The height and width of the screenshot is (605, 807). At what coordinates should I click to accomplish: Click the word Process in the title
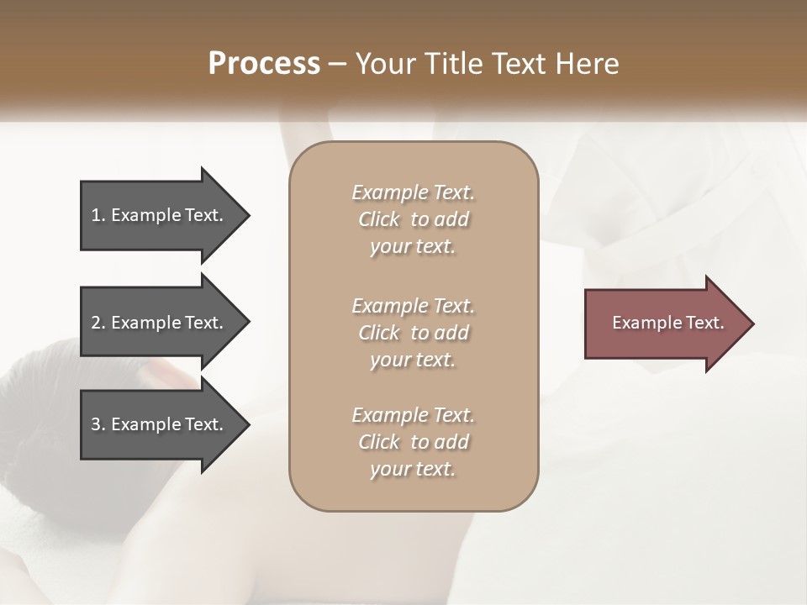point(264,64)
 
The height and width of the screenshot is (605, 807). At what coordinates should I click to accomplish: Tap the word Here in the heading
point(588,64)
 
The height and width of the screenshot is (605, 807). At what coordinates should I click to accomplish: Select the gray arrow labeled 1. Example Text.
point(160,215)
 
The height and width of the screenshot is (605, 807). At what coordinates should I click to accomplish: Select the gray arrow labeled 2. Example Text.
point(160,323)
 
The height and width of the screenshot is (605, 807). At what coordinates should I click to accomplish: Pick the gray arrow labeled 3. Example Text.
point(160,424)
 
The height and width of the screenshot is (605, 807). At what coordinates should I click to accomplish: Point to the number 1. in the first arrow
point(98,215)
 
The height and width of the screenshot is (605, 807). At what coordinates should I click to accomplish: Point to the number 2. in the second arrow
point(98,323)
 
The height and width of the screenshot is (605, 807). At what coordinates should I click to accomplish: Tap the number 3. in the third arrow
point(98,424)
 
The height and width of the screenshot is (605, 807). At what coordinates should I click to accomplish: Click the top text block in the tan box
point(413,219)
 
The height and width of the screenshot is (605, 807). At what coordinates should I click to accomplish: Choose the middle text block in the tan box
point(413,333)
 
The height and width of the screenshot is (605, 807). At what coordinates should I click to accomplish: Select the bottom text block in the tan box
point(413,442)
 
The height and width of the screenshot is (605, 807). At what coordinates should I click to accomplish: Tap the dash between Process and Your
point(338,64)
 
